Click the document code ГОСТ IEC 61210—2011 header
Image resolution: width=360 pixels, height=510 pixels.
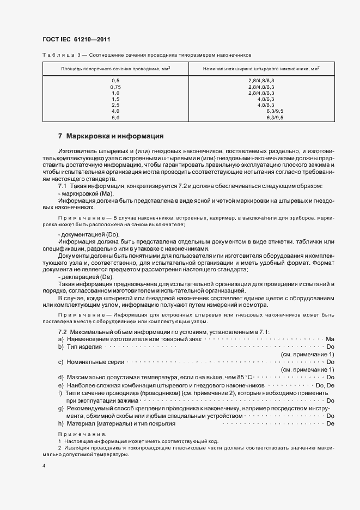pyautogui.click(x=76, y=40)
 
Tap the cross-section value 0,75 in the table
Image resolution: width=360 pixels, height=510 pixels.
pyautogui.click(x=115, y=87)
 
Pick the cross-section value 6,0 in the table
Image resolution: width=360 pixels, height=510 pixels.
pyautogui.click(x=115, y=117)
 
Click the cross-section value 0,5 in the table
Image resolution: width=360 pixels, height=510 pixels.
pyautogui.click(x=115, y=81)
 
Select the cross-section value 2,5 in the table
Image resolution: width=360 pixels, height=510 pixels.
pyautogui.click(x=115, y=105)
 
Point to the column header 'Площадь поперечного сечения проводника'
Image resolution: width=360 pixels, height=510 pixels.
pyautogui.click(x=115, y=69)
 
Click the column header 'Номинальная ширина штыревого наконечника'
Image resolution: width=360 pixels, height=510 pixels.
pyautogui.click(x=261, y=69)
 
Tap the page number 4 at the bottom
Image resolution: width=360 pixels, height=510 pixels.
pyautogui.click(x=44, y=466)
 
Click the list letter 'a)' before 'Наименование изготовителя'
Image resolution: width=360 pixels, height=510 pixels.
pyautogui.click(x=61, y=339)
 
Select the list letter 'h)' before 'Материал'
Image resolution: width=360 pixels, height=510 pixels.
pyautogui.click(x=61, y=423)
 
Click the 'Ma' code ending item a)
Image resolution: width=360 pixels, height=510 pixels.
pyautogui.click(x=330, y=339)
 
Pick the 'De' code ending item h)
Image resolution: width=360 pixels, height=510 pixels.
pyautogui.click(x=330, y=423)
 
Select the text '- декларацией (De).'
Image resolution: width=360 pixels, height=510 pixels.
pyautogui.click(x=85, y=277)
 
